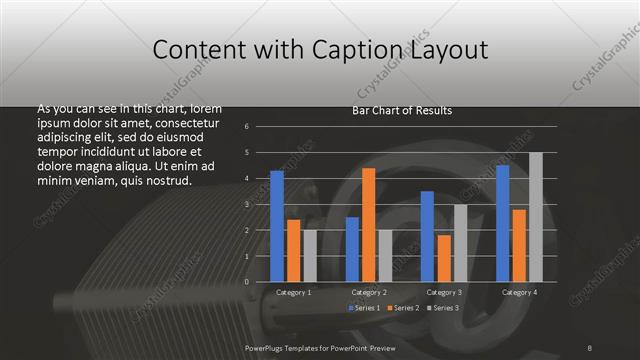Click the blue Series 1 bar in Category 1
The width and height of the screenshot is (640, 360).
(x=277, y=226)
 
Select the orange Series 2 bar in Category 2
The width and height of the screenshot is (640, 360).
(x=369, y=225)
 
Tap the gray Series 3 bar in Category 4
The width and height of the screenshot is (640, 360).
(x=535, y=217)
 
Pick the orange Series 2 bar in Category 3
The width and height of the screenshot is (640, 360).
(x=444, y=258)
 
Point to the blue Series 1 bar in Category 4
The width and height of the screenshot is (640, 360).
(x=503, y=223)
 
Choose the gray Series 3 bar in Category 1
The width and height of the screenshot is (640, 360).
(x=310, y=256)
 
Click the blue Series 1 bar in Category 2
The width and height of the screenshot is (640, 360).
(x=352, y=249)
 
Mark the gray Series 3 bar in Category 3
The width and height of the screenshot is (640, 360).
(x=460, y=243)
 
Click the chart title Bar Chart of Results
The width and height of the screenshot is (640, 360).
(x=402, y=110)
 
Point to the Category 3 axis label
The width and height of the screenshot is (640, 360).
(x=444, y=292)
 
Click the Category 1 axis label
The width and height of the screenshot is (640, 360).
(x=293, y=292)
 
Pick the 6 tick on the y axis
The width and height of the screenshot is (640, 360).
(x=260, y=127)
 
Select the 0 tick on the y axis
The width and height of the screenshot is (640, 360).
(x=260, y=282)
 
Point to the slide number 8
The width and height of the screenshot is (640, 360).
(x=590, y=347)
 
